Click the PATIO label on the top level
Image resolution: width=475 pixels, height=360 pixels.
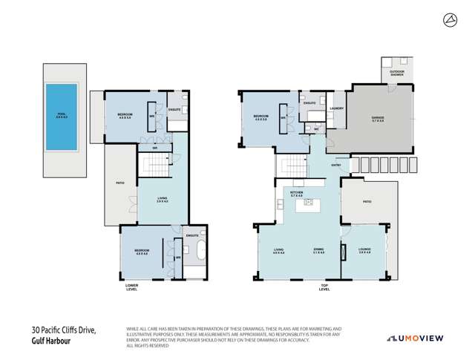[x=366, y=200]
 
